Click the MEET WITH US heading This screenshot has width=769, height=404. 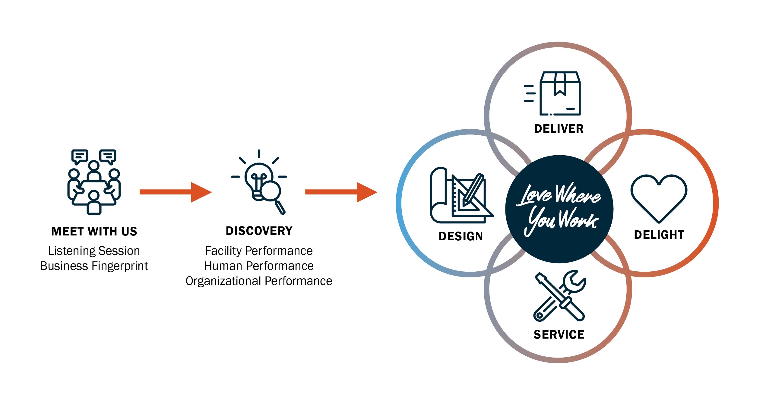point(94,232)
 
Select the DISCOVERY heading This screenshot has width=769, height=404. point(259,231)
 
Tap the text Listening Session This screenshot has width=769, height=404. point(94,251)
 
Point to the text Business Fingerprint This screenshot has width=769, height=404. point(94,266)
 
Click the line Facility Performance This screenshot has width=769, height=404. point(259,251)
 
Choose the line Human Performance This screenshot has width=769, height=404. point(259,266)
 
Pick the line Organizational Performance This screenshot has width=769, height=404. point(259,281)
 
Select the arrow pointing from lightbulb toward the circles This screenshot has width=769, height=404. point(341,192)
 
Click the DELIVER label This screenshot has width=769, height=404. point(559,129)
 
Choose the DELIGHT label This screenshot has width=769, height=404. point(659,235)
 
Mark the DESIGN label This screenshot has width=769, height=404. point(460,236)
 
